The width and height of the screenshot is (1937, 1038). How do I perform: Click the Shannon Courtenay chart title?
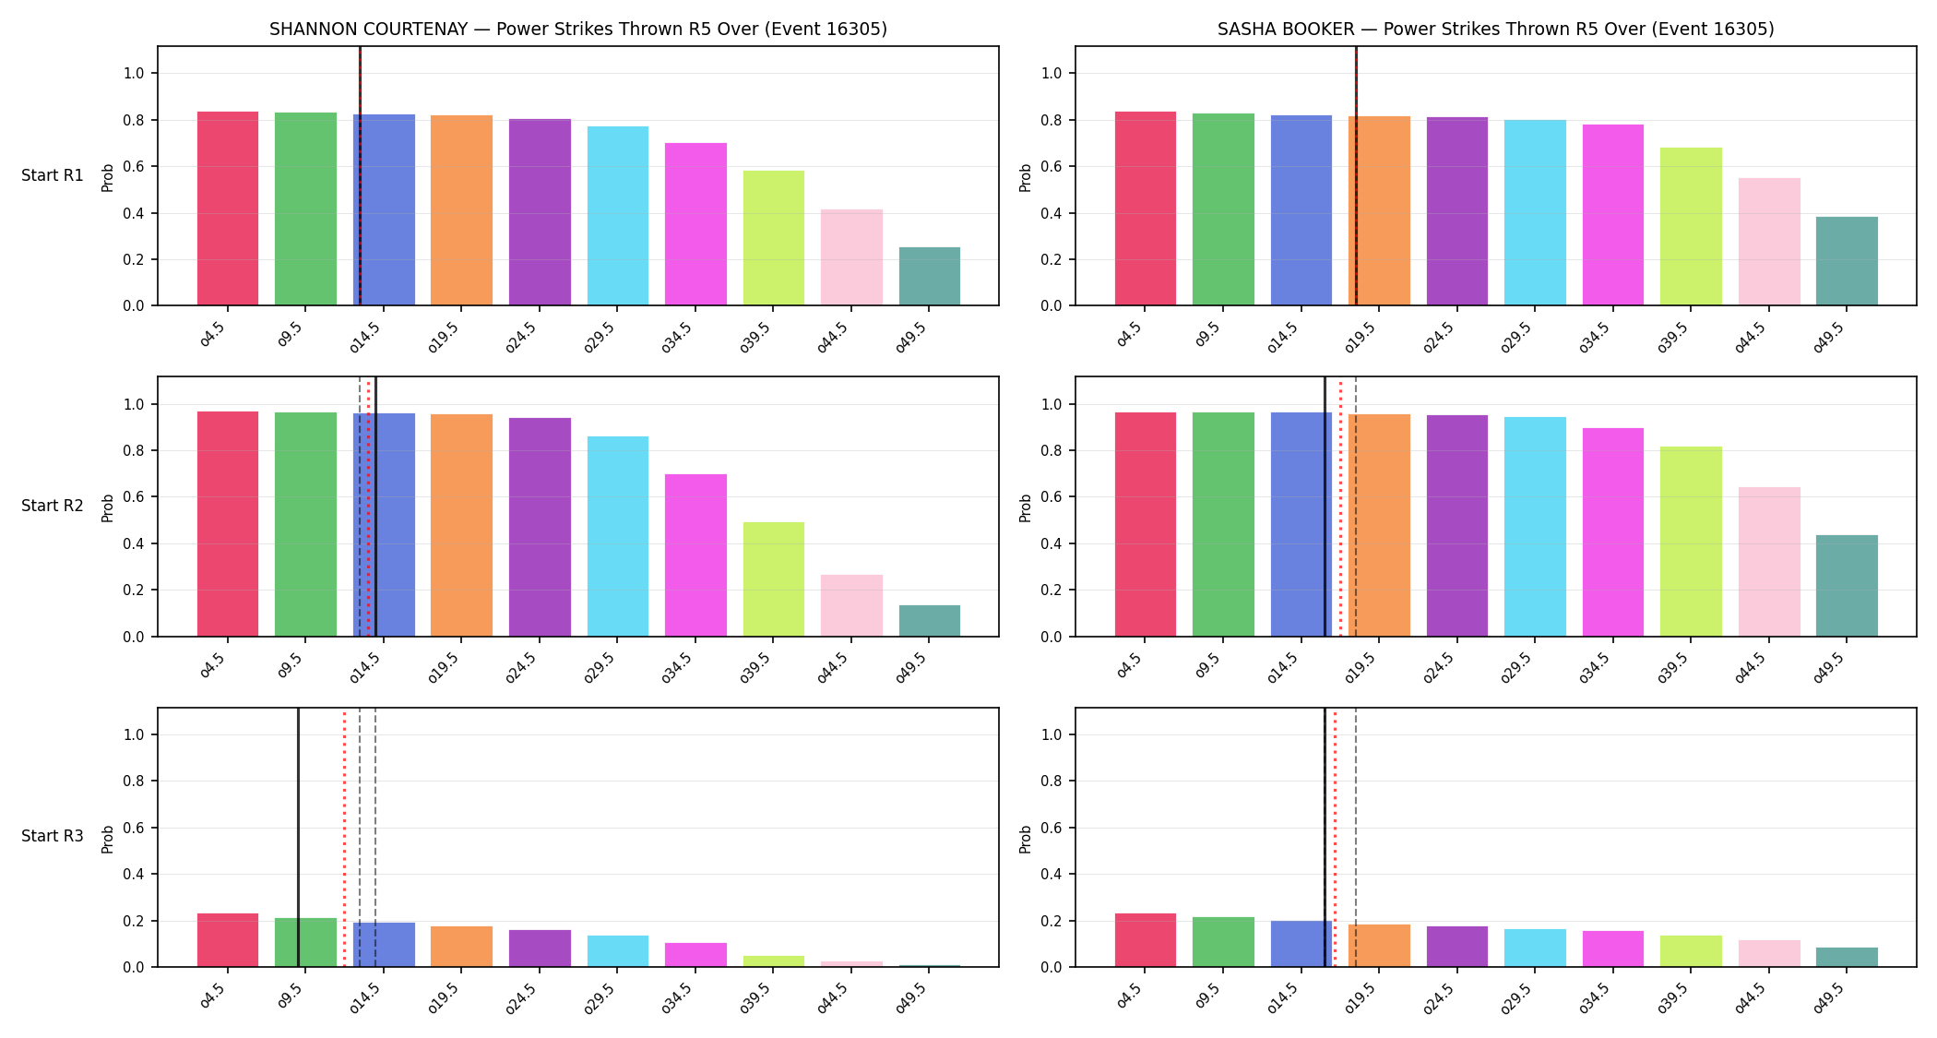[x=578, y=29]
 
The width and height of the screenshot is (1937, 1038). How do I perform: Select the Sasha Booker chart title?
[x=1495, y=29]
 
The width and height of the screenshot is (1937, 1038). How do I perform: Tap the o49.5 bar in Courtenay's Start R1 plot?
[x=929, y=276]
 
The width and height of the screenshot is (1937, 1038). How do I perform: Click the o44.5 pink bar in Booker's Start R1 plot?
[x=1769, y=242]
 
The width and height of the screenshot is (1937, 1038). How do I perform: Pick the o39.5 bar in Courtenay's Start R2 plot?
[x=773, y=579]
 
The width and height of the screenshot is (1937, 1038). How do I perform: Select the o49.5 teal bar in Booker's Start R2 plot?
[x=1847, y=586]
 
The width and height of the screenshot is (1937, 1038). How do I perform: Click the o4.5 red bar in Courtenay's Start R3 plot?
[x=228, y=940]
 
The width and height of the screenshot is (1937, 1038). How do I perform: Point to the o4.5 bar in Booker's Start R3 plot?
[x=1146, y=940]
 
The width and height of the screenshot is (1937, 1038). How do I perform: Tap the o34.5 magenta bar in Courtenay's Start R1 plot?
[x=695, y=224]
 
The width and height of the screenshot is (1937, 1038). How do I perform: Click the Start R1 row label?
[x=53, y=175]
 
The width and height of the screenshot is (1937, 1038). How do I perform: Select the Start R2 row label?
[x=53, y=506]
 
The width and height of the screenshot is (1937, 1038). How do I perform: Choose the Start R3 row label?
[x=53, y=836]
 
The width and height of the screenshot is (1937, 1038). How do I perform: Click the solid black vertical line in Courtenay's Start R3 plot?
[x=298, y=837]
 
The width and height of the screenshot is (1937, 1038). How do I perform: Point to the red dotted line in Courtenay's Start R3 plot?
[x=344, y=837]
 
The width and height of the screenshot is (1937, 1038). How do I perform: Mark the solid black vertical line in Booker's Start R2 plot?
[x=1325, y=507]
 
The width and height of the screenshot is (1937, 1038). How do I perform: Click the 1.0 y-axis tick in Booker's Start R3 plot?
[x=1052, y=735]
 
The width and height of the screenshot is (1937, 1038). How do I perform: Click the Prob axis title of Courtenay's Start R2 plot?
[x=108, y=507]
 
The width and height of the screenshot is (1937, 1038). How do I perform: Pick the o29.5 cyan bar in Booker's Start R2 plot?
[x=1535, y=527]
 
